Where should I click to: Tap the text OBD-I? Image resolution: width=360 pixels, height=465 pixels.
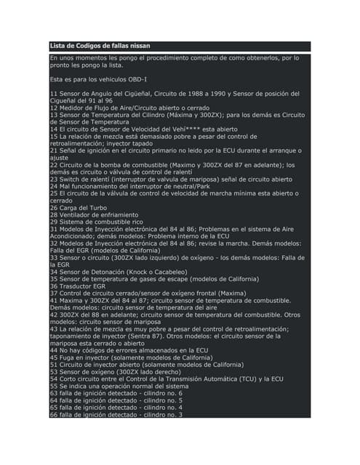(135, 78)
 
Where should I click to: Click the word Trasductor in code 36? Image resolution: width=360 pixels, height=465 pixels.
(77, 286)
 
